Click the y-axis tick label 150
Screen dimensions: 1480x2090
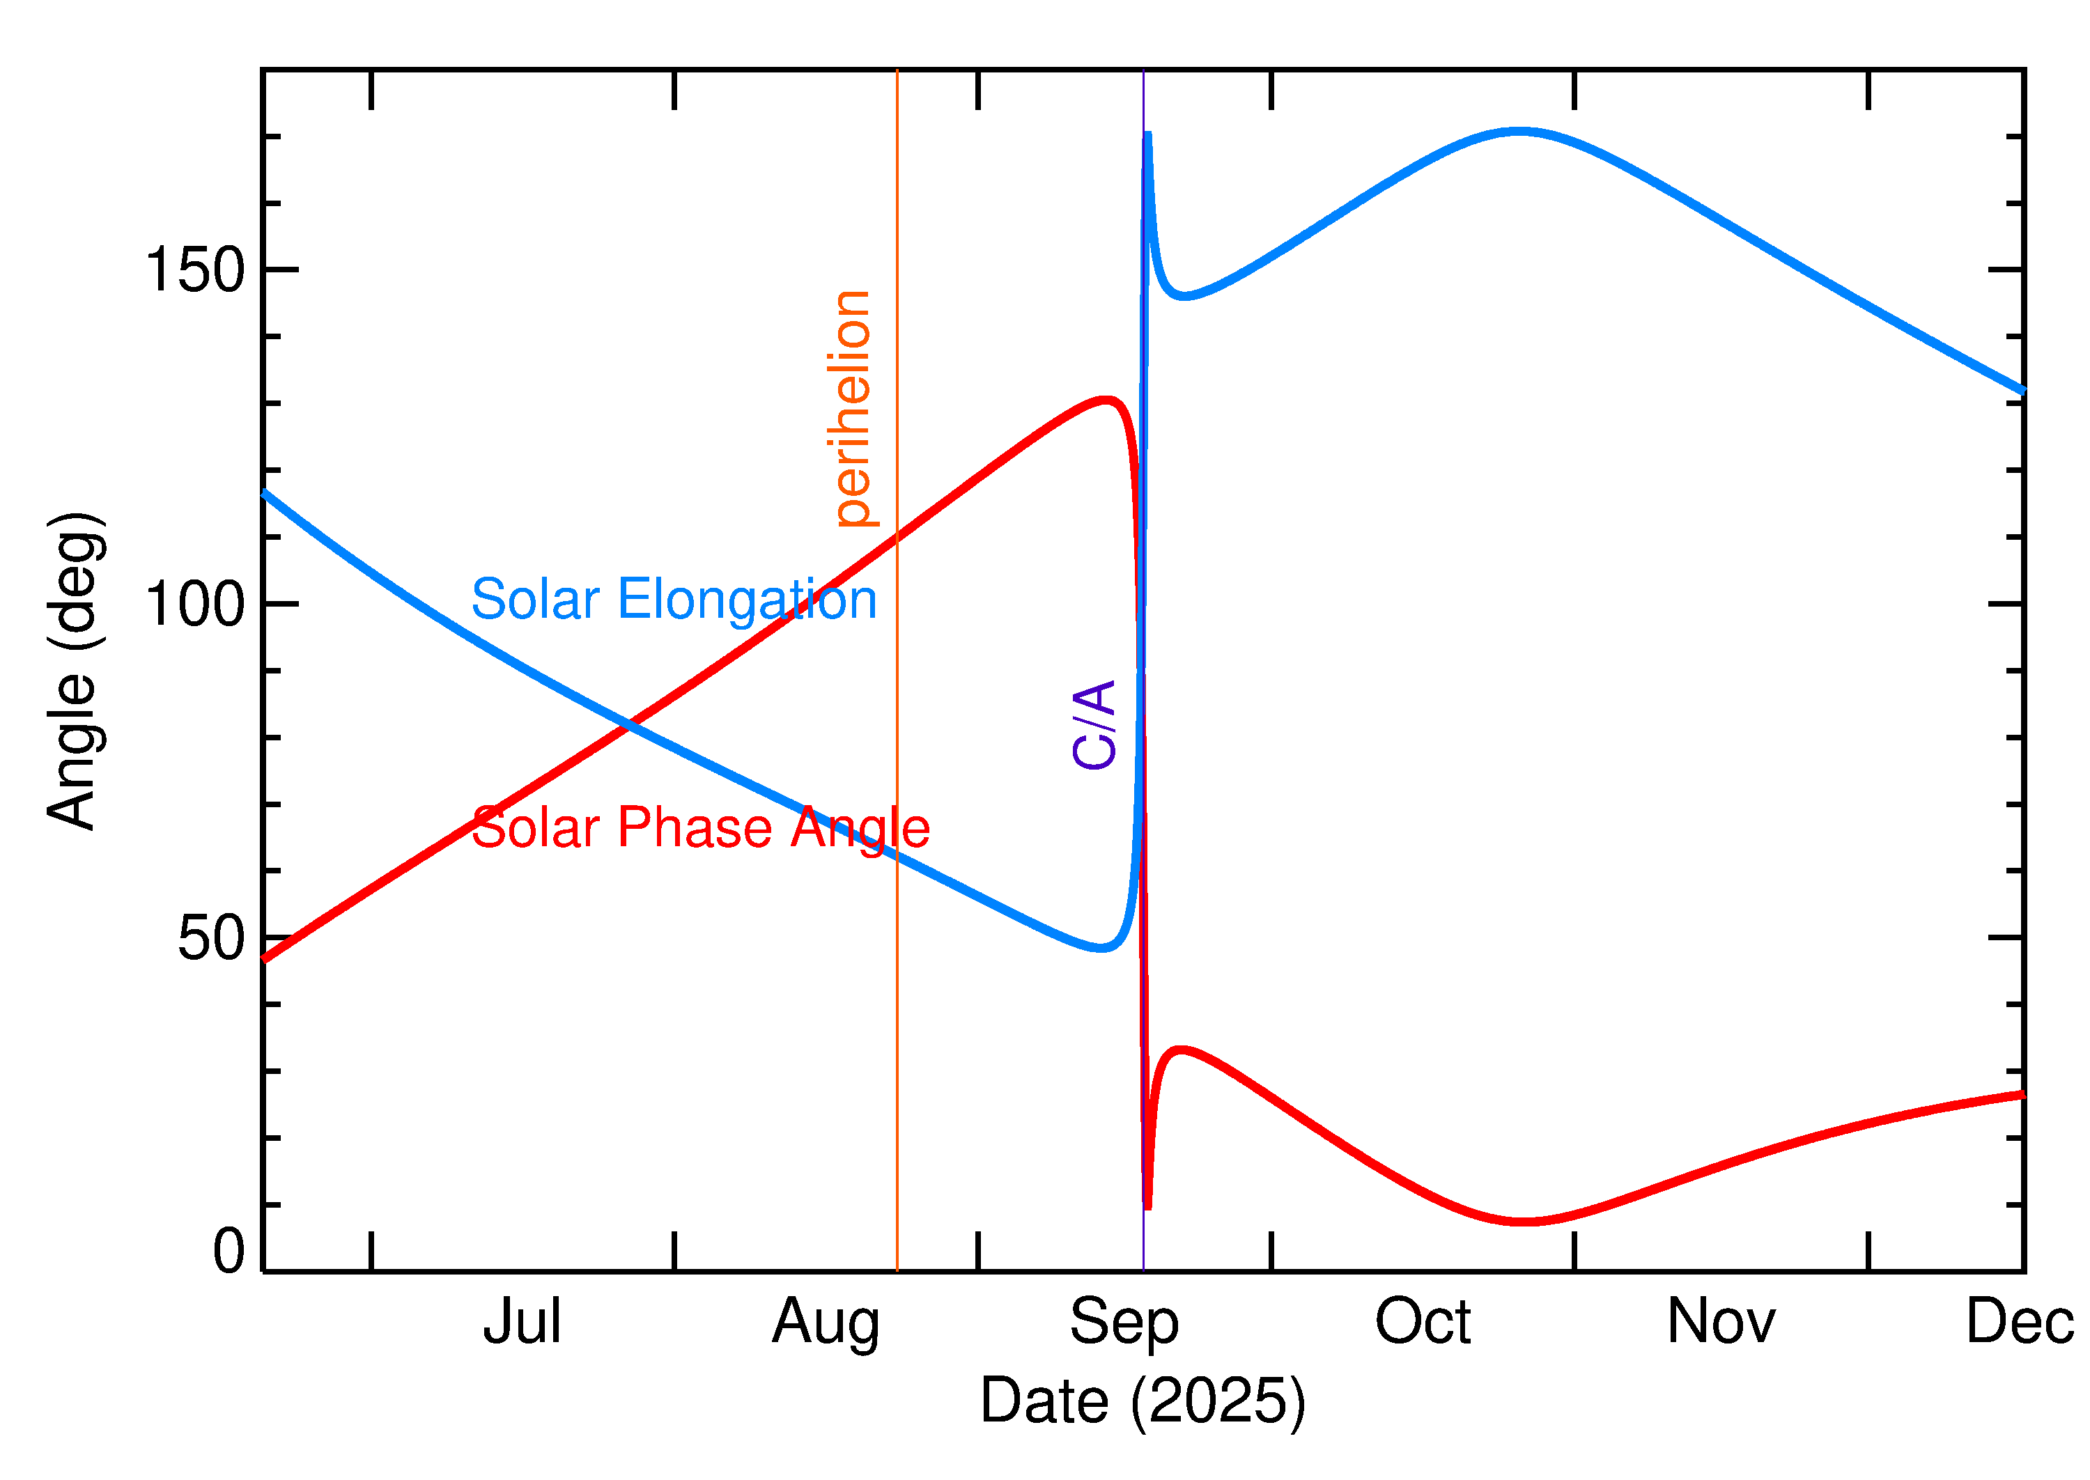[x=195, y=271]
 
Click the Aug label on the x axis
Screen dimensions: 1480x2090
[x=826, y=1323]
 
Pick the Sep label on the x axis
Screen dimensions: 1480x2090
[x=1124, y=1323]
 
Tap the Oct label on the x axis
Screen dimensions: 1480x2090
[x=1423, y=1323]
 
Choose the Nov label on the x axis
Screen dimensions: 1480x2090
[x=1721, y=1323]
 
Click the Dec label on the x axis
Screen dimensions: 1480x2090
[x=2019, y=1323]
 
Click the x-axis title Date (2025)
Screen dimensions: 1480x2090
[x=1143, y=1401]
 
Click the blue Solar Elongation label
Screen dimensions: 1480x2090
[x=674, y=600]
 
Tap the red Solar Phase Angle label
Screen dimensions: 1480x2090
[x=700, y=827]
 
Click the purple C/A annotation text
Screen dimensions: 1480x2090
[x=1094, y=724]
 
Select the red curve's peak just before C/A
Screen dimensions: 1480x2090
[x=1106, y=400]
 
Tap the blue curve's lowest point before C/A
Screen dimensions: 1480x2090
[x=1103, y=949]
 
